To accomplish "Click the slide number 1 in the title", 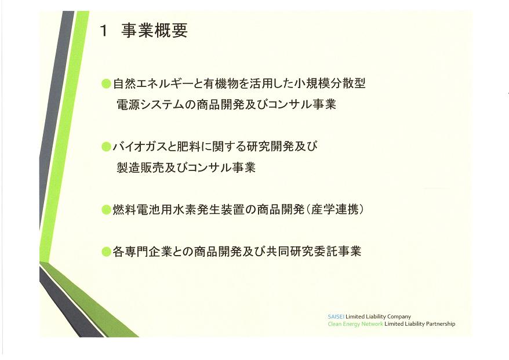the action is [104, 31].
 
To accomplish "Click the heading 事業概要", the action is [154, 31].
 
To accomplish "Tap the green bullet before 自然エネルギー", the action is [106, 83].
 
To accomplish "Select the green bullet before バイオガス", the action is [106, 147].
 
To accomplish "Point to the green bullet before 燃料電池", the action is [106, 210].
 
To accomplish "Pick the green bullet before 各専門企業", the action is [106, 252].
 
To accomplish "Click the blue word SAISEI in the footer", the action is [336, 317].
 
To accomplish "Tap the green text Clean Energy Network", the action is [355, 324].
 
